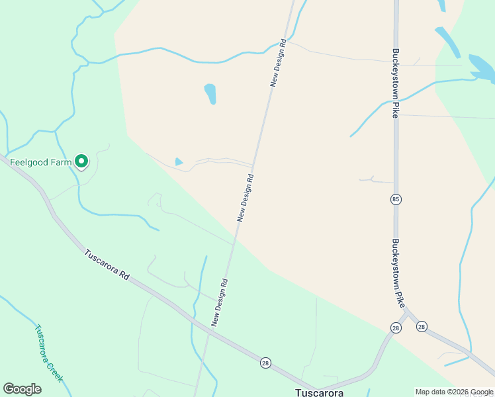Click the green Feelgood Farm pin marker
81,161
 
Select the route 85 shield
396,199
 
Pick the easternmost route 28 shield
422,326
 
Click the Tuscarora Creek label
48,353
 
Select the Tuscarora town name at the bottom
319,392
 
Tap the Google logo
22,389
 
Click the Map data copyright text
453,392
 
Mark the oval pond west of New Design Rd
210,93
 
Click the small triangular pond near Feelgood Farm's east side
179,161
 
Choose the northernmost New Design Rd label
278,63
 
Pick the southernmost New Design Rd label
220,302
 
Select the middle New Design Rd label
246,197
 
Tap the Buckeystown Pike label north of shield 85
396,82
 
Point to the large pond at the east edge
482,67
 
